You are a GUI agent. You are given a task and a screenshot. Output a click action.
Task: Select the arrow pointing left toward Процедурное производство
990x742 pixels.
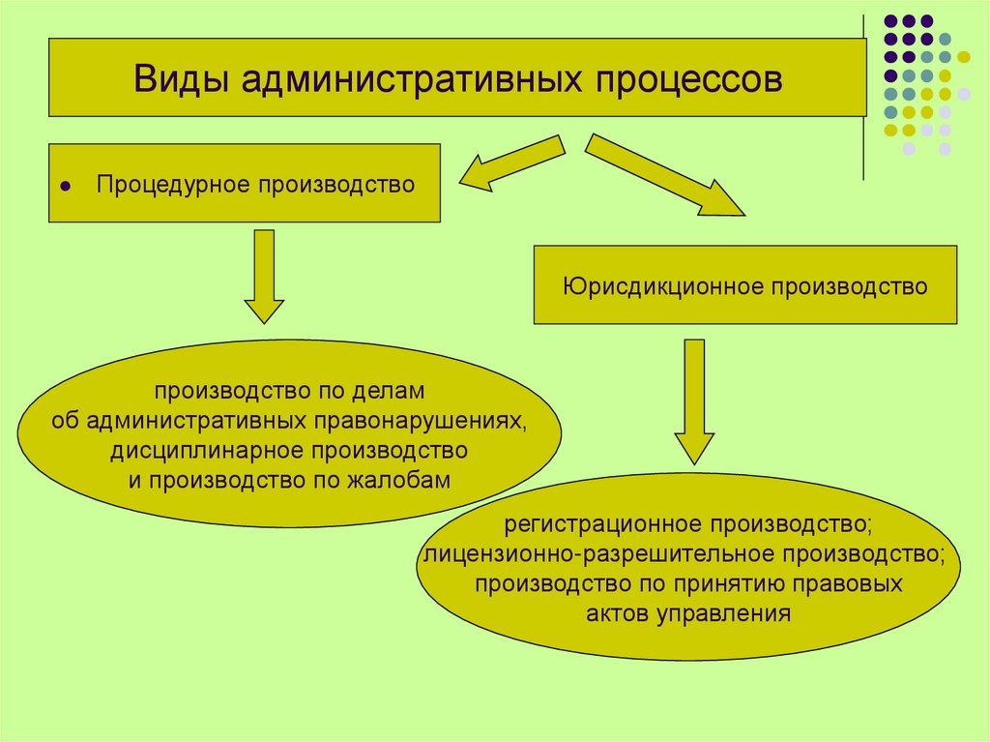510,162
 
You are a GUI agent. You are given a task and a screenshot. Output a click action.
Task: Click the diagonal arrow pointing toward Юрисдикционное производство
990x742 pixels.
664,174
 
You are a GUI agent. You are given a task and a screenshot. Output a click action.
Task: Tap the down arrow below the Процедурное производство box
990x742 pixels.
264,276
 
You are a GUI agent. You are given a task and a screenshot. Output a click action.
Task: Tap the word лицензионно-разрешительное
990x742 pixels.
597,555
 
